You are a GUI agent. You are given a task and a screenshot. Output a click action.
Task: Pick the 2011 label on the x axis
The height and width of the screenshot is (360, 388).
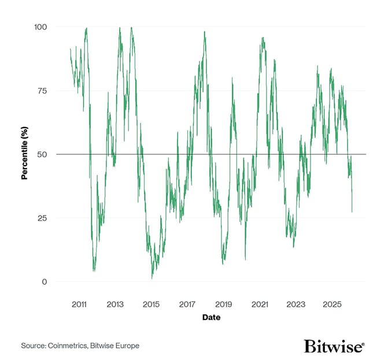[x=79, y=304]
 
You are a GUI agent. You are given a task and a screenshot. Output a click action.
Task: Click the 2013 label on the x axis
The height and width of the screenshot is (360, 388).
[x=115, y=304]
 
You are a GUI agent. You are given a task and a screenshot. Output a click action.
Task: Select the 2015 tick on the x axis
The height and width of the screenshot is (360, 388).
[x=151, y=304]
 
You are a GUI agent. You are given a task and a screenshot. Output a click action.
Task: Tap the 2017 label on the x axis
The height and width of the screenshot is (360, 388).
[x=187, y=304]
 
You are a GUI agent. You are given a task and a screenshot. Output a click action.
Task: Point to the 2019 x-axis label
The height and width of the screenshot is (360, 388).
[x=224, y=304]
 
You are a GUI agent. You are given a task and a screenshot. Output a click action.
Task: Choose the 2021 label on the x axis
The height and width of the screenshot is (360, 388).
[x=260, y=304]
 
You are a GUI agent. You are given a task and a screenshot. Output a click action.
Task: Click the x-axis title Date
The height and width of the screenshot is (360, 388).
[x=211, y=317]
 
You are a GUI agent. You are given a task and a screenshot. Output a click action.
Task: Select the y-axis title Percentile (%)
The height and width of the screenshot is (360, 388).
[x=25, y=154]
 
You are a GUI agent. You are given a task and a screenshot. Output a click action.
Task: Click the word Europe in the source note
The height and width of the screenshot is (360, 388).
[x=127, y=346]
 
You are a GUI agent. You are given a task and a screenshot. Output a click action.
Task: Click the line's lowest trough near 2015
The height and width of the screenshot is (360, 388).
[x=152, y=279]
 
